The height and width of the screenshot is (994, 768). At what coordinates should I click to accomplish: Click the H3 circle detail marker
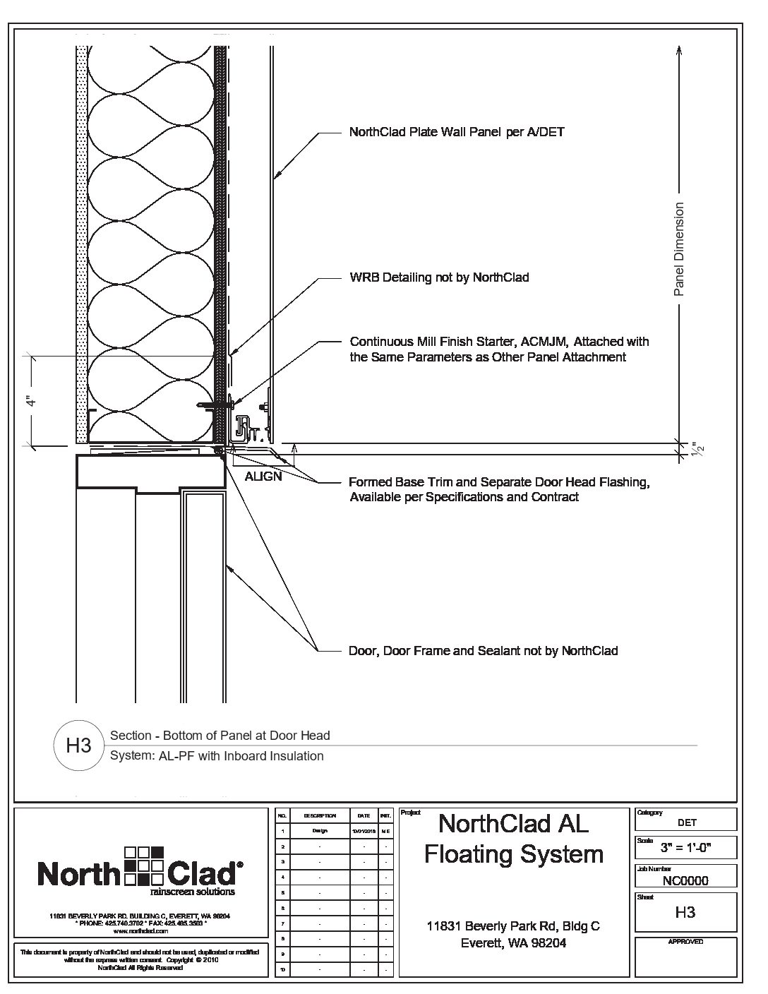point(78,745)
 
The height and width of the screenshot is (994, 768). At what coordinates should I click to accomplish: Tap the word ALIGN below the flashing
point(263,477)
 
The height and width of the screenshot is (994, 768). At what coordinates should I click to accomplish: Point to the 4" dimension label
point(30,401)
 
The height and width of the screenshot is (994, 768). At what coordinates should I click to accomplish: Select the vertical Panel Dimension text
point(679,249)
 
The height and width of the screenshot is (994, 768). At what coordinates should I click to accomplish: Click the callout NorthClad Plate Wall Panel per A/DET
point(457,132)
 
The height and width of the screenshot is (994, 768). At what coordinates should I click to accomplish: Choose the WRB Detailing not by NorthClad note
point(439,277)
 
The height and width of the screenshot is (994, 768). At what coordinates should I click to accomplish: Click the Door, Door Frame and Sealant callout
point(483,650)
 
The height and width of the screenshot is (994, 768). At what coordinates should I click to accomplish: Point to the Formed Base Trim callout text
point(499,483)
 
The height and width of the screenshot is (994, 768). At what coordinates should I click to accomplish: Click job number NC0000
point(685,880)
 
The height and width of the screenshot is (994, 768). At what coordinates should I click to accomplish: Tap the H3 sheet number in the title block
point(685,912)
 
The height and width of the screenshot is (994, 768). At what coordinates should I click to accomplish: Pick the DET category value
point(686,822)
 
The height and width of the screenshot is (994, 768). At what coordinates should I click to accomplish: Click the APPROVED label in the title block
point(685,942)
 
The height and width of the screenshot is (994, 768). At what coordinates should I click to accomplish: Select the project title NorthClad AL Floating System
point(513,839)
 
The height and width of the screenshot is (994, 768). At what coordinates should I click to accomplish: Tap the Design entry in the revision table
point(319,831)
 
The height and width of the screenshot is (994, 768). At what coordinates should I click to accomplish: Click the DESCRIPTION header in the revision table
point(319,815)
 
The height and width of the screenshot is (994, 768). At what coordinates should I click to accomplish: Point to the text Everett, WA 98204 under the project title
point(513,943)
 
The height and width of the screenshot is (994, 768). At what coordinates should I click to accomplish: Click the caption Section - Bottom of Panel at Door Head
point(220,736)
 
